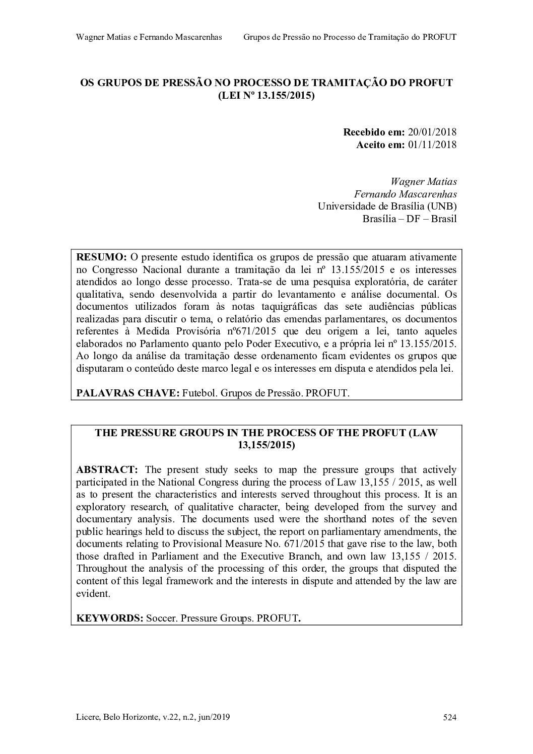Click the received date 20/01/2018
pos(432,132)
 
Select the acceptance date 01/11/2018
pos(432,145)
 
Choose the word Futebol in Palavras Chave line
pos(199,393)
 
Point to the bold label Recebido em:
pos(374,132)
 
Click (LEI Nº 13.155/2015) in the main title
pos(266,95)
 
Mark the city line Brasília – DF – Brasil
pos(409,219)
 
